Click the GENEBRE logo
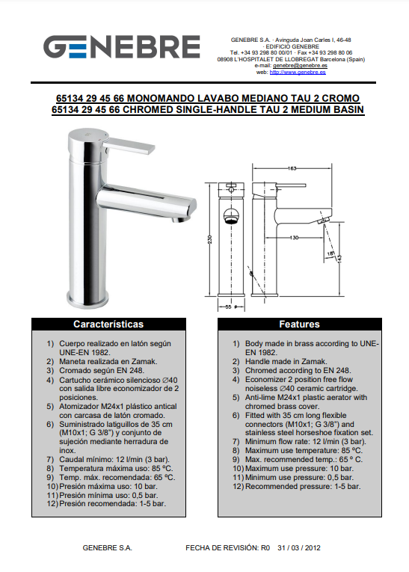coord(121,46)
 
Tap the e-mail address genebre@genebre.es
coord(300,66)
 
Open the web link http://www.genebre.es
coord(298,73)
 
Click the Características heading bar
coord(108,325)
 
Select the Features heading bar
coord(300,325)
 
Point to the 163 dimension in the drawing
coord(292,168)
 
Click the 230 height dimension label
coord(210,239)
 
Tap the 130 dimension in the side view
coord(294,238)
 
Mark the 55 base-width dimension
coord(228,307)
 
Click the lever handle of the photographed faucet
coord(129,146)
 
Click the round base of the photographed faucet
coord(88,299)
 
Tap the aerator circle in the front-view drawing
coord(231,215)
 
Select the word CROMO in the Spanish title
coord(341,99)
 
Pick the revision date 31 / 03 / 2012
coord(299,548)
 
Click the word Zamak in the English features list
coord(314,361)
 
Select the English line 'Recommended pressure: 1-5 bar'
coord(303,486)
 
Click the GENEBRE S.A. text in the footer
coord(107,548)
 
